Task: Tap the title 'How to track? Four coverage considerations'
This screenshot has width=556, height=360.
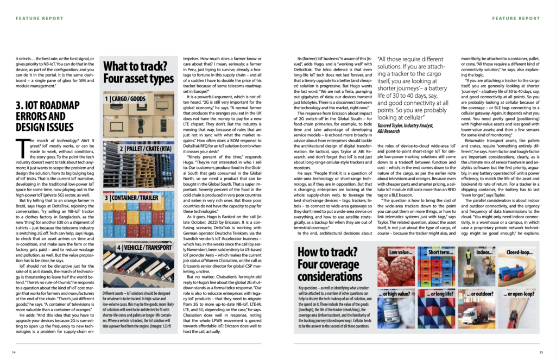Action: click(333, 265)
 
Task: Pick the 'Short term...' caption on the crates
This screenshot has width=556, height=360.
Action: click(440, 252)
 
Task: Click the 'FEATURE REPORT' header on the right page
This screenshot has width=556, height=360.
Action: click(516, 18)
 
